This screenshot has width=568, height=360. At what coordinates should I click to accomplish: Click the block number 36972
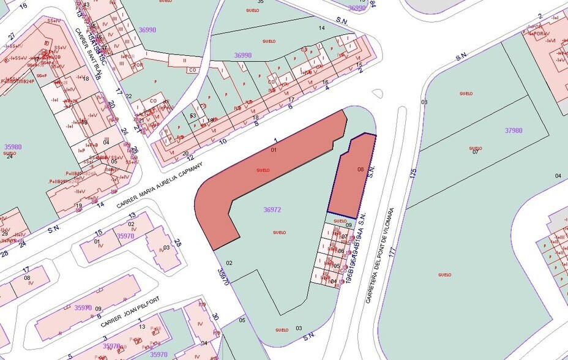tap(272, 209)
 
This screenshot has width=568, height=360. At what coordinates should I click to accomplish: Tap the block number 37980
tap(514, 130)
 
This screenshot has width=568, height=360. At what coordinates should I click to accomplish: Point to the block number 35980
tap(13, 147)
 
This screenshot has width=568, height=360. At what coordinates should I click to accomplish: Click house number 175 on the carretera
tap(413, 174)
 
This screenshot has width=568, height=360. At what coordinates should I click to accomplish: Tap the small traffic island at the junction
tap(378, 94)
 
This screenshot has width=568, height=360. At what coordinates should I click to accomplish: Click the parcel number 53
tap(193, 115)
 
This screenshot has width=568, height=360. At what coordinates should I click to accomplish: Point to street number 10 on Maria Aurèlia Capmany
tap(223, 141)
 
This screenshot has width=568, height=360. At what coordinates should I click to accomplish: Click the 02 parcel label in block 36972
tap(230, 263)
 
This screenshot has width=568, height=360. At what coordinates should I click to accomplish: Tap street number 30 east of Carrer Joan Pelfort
tap(215, 317)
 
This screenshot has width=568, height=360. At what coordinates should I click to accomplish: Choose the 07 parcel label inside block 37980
tap(475, 152)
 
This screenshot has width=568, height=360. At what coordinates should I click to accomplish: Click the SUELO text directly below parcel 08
tap(340, 221)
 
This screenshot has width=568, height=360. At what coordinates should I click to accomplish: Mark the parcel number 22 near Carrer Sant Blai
tap(129, 96)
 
